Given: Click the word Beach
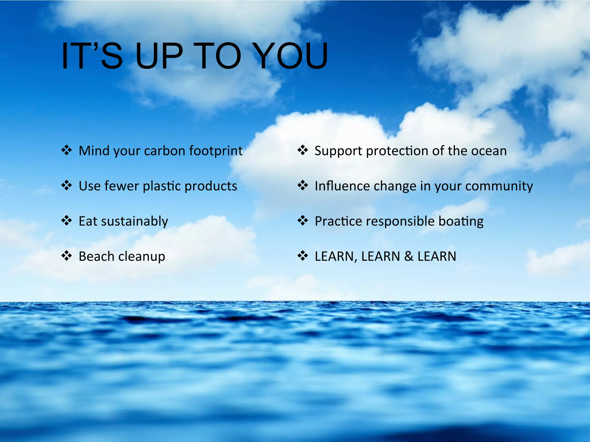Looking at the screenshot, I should coord(97,256).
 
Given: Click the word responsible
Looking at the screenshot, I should coord(400,221).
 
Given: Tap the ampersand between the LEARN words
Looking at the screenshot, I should coord(409,256).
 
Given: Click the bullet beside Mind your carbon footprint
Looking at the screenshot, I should coord(67,150).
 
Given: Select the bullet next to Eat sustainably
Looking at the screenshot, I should coord(67,221).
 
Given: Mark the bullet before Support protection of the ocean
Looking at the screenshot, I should coord(302,150).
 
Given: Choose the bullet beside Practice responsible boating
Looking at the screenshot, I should coord(302,221).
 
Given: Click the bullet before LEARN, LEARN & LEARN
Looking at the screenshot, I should coord(302,256).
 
